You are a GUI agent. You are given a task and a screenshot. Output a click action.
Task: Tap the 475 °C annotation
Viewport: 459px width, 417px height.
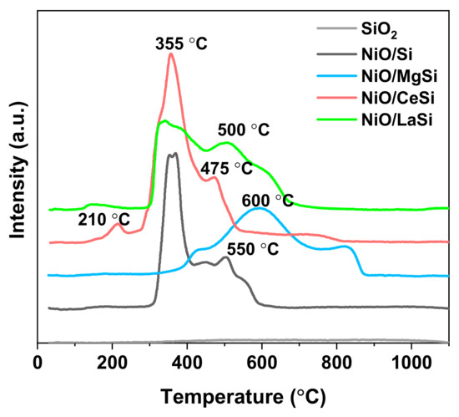225,168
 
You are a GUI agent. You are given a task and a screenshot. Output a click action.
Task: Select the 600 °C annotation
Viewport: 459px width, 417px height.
266,200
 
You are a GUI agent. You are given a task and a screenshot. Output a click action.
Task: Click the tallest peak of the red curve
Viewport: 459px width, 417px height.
171,54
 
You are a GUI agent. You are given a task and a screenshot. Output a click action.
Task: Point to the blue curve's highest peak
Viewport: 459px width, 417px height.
261,209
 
